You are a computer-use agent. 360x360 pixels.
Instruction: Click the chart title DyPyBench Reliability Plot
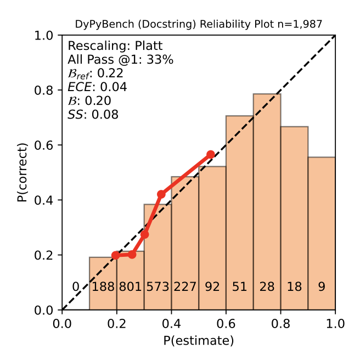[198, 24]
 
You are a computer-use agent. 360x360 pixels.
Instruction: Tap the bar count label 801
[130, 287]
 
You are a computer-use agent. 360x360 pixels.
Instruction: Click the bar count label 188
[103, 287]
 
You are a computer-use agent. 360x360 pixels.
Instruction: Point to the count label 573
[157, 287]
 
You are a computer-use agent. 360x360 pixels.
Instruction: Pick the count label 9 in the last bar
[322, 287]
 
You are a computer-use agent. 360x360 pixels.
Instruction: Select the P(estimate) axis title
[199, 341]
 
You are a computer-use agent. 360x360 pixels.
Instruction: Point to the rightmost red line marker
[211, 155]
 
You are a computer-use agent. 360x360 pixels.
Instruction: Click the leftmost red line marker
[115, 255]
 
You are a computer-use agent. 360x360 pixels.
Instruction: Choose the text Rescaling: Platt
[108, 46]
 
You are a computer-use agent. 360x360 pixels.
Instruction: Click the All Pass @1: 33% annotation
[121, 59]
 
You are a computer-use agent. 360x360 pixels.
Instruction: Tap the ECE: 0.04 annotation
[97, 87]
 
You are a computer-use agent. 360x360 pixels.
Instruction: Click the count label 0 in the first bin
[76, 287]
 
